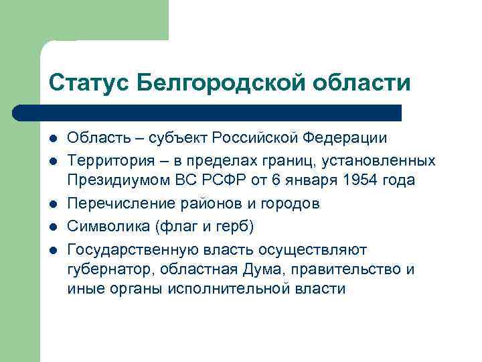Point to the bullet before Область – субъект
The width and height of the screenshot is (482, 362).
[53, 139]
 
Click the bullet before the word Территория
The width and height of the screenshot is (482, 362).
[53, 161]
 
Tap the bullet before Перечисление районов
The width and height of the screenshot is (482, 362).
[53, 204]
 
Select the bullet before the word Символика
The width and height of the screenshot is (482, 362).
[53, 226]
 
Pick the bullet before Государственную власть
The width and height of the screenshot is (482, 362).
[53, 249]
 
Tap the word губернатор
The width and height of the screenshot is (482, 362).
[105, 269]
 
